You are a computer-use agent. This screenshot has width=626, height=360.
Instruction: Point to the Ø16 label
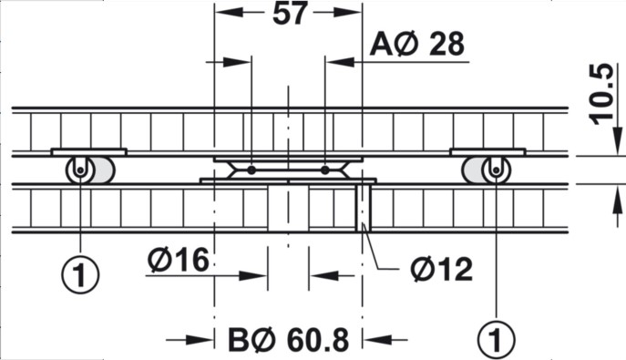[x=178, y=262]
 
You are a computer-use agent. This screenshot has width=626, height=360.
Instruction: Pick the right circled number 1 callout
[x=498, y=340]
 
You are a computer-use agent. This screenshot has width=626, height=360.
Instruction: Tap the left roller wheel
[x=81, y=170]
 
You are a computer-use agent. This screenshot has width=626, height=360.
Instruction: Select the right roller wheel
[x=495, y=170]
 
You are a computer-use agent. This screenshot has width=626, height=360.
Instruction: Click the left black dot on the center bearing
[x=251, y=169]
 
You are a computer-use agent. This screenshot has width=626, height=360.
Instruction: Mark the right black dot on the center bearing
[x=325, y=169]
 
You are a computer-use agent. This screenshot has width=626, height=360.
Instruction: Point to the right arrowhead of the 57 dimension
[x=351, y=15]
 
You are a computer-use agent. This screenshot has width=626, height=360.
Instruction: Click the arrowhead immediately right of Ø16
[x=255, y=274]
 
